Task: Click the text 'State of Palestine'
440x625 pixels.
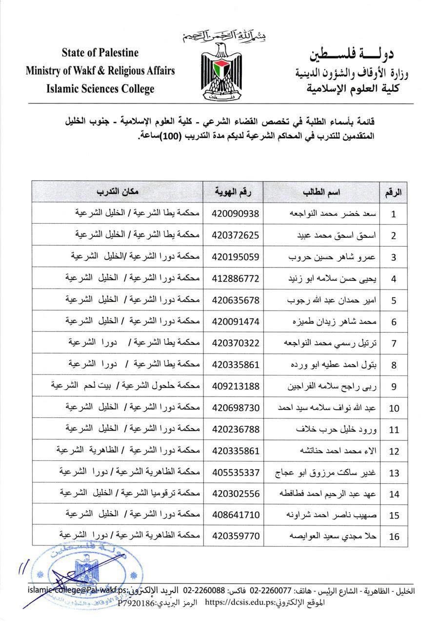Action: tap(100, 53)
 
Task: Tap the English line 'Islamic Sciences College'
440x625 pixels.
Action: tap(100, 88)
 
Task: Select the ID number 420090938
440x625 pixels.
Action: tap(236, 213)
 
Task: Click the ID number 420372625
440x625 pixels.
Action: tap(236, 235)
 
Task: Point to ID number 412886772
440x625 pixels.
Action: tap(236, 278)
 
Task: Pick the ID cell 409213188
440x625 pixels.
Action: tap(236, 386)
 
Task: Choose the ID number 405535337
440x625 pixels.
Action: tap(236, 472)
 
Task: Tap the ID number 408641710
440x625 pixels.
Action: tap(236, 515)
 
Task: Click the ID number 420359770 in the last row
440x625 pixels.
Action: tap(236, 536)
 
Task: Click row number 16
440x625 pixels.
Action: tap(394, 537)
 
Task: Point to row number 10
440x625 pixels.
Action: tap(394, 408)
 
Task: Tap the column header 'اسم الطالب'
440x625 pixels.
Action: tap(322, 192)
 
